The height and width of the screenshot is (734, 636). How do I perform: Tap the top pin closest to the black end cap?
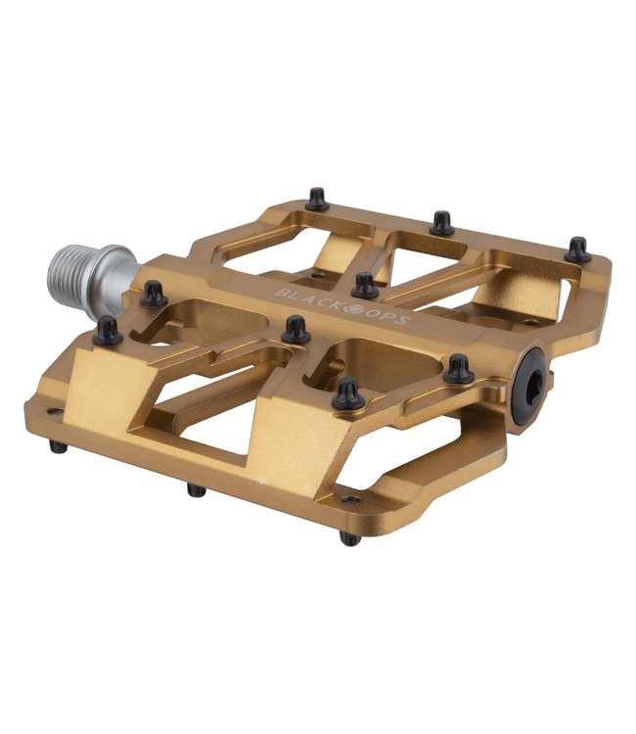tap(458, 369)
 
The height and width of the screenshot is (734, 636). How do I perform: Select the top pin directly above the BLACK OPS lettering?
tap(365, 285)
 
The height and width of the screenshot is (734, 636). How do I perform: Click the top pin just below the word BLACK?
tap(295, 330)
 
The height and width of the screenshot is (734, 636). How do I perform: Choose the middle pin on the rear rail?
tap(443, 222)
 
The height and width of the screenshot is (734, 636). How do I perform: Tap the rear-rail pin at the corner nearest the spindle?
tap(317, 199)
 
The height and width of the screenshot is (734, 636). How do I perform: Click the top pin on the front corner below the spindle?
tap(108, 330)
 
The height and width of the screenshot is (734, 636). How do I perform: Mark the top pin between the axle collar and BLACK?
tap(153, 294)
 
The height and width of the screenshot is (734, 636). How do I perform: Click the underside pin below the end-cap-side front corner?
tap(351, 537)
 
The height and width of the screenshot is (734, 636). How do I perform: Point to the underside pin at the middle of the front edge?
tap(197, 488)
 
